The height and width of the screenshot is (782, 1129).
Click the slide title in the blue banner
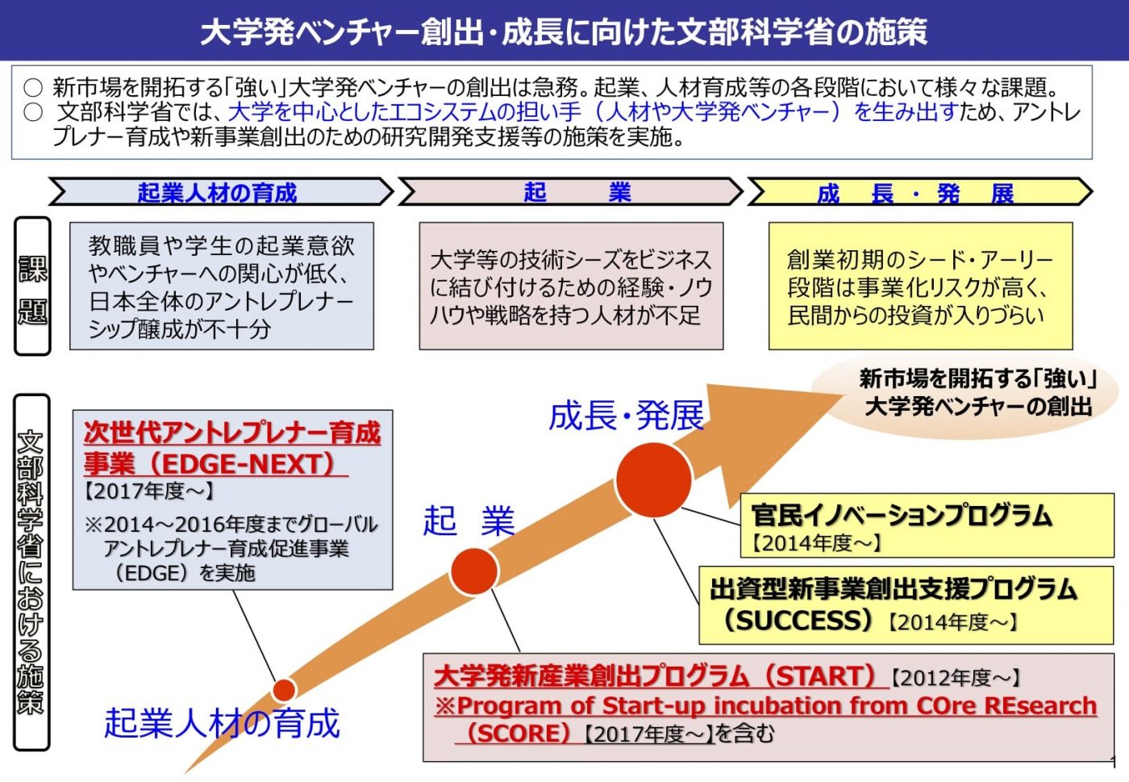(564, 31)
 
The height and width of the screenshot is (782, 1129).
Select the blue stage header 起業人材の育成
(217, 193)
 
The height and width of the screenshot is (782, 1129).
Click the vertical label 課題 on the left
(32, 288)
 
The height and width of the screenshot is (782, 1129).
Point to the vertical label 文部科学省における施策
(31, 572)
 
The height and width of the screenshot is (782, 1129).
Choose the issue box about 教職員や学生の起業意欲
(221, 286)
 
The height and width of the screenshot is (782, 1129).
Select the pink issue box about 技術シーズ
(570, 286)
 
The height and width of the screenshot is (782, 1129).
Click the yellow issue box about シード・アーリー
(919, 286)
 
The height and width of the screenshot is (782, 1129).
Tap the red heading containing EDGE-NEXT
(231, 448)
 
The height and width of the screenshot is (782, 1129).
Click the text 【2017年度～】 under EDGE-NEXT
(148, 491)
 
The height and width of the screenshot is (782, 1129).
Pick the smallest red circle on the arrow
(284, 690)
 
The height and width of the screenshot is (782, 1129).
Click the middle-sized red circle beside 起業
(474, 571)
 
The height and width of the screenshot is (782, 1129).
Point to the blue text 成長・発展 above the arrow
(626, 416)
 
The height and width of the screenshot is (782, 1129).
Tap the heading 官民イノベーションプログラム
(901, 514)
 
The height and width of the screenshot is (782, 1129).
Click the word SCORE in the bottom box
(518, 734)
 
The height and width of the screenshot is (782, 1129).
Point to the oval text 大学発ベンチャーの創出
(978, 406)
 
